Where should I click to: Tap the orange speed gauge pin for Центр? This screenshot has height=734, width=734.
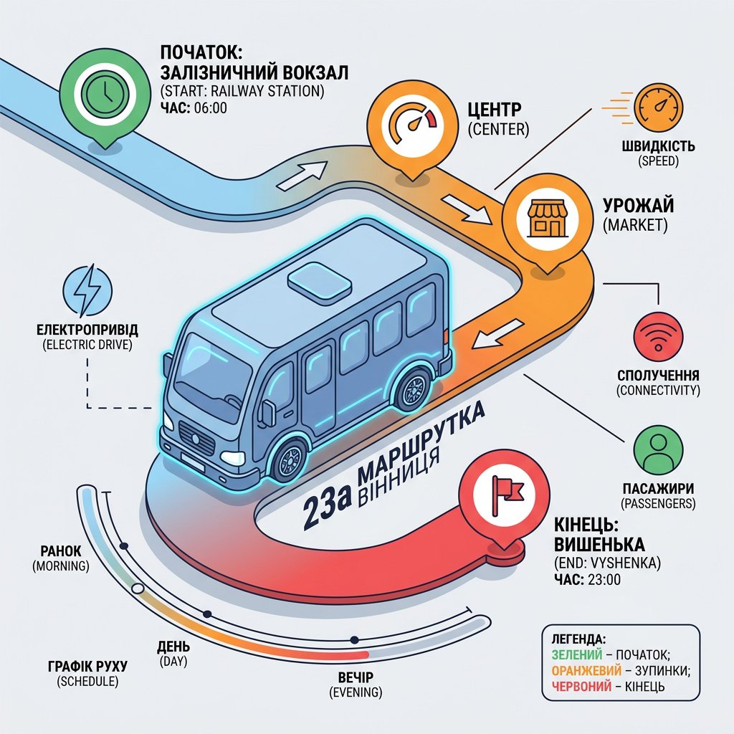click(x=412, y=124)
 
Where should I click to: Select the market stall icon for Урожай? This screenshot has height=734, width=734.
click(x=547, y=219)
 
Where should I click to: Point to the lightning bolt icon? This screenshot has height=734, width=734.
click(x=87, y=290)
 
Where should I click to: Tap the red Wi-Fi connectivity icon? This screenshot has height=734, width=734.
click(x=658, y=337)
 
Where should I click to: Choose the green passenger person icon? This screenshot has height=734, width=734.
click(x=658, y=449)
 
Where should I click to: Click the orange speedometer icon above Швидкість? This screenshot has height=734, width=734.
click(x=658, y=108)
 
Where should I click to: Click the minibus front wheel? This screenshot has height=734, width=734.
click(x=290, y=458)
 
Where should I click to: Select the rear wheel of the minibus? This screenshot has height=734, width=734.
click(x=412, y=389)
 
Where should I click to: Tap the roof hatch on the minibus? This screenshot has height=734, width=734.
click(x=320, y=280)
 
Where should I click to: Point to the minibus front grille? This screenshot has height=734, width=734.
click(x=196, y=438)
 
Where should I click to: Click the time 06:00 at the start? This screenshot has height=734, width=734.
click(x=210, y=108)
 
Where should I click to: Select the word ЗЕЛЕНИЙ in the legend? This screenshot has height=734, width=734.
click(x=577, y=654)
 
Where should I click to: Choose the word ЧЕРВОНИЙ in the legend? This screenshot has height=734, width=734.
click(x=581, y=686)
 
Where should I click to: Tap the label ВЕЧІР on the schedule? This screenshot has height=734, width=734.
click(x=356, y=677)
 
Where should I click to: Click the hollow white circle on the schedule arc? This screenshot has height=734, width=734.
click(x=138, y=588)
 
